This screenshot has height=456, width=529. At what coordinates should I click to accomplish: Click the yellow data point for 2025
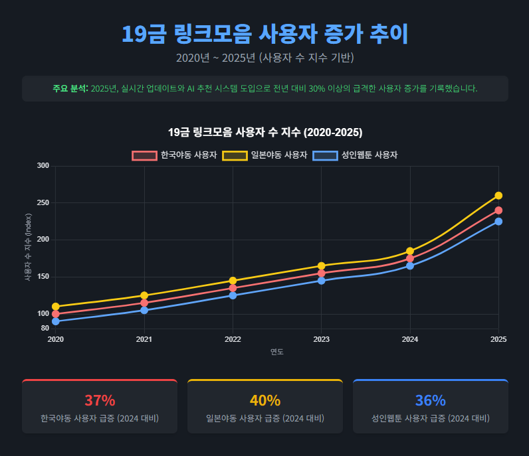point(498,196)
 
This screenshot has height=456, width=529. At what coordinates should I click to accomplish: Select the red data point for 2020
point(56,314)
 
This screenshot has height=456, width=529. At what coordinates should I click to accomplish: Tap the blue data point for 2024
point(410,266)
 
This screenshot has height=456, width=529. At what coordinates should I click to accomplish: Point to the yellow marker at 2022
point(233,281)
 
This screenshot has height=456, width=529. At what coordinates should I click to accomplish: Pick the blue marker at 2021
point(144,310)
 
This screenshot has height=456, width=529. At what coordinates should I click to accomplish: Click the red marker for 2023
point(322,273)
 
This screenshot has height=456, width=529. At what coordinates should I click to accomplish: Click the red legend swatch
point(144,155)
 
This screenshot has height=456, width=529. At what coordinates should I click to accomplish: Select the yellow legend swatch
point(235,155)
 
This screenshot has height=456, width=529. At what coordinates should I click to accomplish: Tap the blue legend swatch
point(325,155)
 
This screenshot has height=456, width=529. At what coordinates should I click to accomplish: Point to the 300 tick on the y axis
point(43,165)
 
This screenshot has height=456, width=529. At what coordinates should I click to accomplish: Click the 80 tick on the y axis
point(45,329)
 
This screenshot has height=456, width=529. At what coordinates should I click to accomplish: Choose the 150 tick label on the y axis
point(43,277)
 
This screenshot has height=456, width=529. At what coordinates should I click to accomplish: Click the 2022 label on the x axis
point(233,339)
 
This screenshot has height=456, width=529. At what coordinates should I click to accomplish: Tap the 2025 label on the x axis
point(498,339)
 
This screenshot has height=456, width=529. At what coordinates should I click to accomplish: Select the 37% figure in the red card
point(100,400)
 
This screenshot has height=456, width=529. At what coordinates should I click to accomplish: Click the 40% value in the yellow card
point(264,400)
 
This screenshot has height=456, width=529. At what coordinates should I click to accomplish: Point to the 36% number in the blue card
point(430,400)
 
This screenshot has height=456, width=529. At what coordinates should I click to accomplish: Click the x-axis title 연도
point(277,352)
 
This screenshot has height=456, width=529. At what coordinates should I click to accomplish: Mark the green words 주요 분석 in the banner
point(70,88)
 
